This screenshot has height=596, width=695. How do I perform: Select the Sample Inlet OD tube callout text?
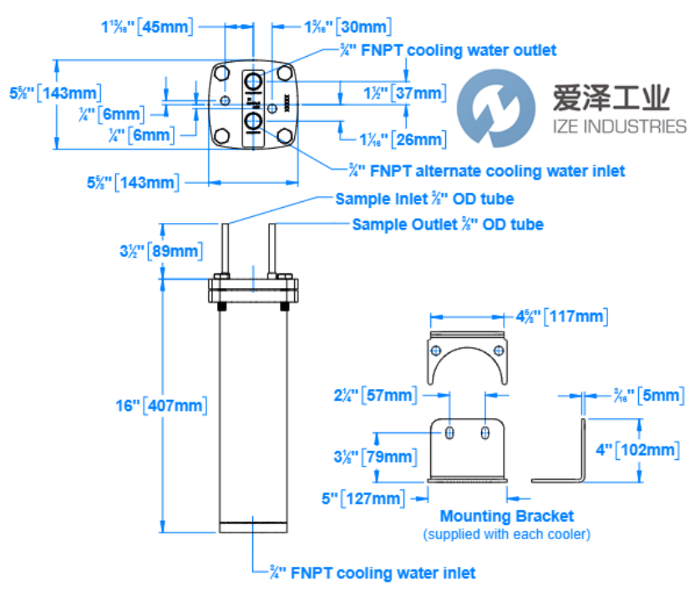[424, 199]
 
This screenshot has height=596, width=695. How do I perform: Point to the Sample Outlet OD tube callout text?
[448, 224]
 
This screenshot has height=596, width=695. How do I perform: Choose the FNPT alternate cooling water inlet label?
[486, 171]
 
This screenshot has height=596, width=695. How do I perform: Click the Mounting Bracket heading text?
[507, 516]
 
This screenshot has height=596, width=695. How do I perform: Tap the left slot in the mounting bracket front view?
[451, 432]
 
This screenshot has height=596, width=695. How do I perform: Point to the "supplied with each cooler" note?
[506, 533]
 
